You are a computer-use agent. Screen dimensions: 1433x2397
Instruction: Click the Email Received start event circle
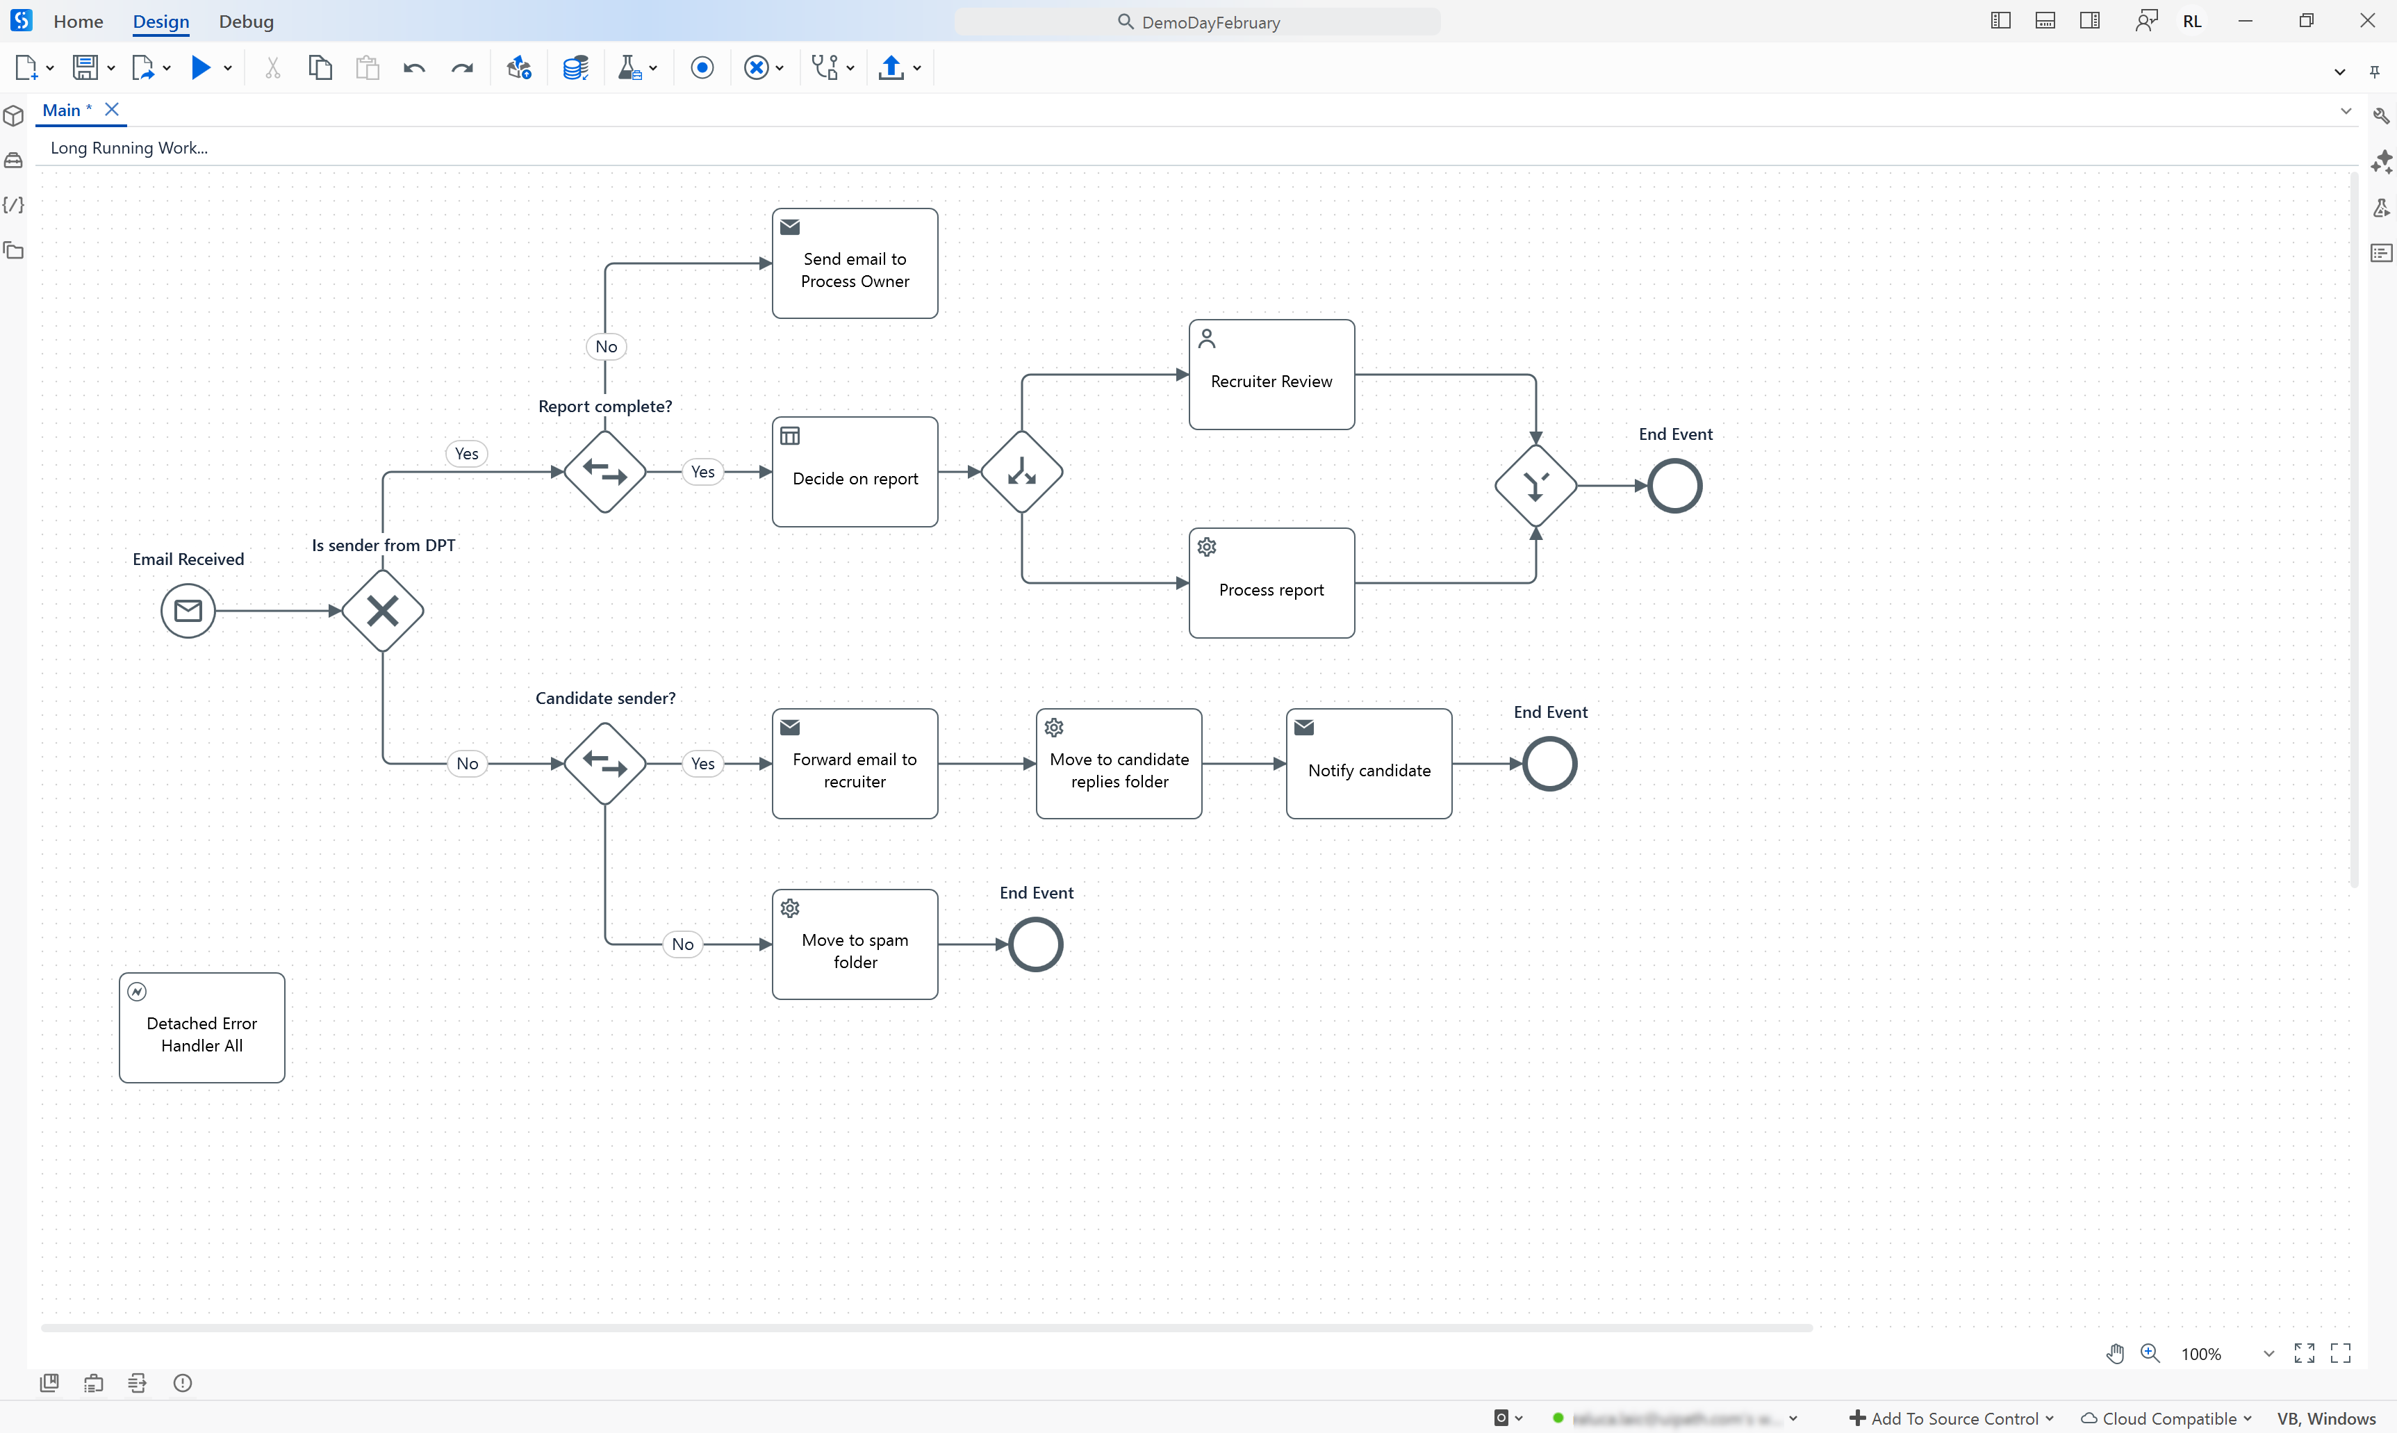188,610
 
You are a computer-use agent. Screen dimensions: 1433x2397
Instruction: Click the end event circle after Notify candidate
1549,764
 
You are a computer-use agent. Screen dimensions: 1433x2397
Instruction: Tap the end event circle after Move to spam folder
1036,944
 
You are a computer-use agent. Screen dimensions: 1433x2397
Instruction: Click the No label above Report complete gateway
607,347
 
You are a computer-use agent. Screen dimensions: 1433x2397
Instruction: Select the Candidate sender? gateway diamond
605,764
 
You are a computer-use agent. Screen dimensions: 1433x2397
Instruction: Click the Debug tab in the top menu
246,22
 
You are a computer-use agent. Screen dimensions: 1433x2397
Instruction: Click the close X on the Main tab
112,109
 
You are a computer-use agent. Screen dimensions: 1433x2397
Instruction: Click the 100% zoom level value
2201,1354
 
